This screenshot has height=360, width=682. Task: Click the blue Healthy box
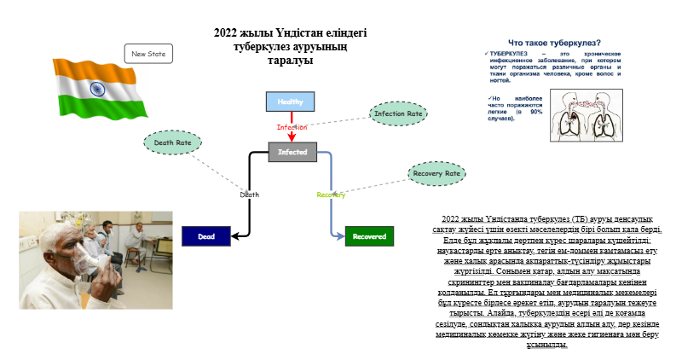(x=291, y=102)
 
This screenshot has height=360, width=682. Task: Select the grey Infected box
(x=292, y=153)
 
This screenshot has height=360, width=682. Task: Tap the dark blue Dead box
(x=206, y=236)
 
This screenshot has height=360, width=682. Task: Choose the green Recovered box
(x=369, y=236)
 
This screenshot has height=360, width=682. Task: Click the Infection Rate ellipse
(x=398, y=113)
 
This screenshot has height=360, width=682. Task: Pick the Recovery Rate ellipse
(x=436, y=174)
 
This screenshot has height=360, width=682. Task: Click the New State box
(x=148, y=54)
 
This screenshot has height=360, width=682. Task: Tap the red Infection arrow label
(x=292, y=127)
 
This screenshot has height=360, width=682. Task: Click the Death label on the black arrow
(x=249, y=195)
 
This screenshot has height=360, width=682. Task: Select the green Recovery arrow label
(x=331, y=195)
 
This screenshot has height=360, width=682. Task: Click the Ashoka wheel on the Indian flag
(x=96, y=89)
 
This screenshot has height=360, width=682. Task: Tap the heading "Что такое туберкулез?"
(x=553, y=43)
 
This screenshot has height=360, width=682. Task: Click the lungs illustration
(x=584, y=119)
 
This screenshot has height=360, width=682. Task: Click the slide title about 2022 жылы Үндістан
(x=291, y=46)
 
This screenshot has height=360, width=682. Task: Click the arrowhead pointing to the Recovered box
(x=340, y=236)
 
